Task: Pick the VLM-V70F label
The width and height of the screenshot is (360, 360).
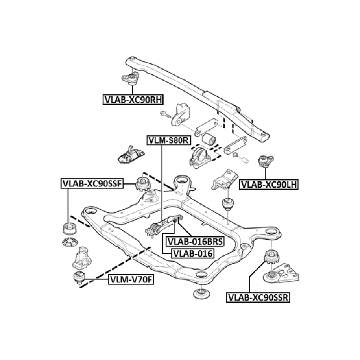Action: click(130, 280)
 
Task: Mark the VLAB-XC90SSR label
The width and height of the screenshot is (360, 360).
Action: click(258, 298)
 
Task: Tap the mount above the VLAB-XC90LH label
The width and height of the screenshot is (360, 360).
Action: click(265, 161)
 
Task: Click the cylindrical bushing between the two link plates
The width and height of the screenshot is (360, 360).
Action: click(208, 139)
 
